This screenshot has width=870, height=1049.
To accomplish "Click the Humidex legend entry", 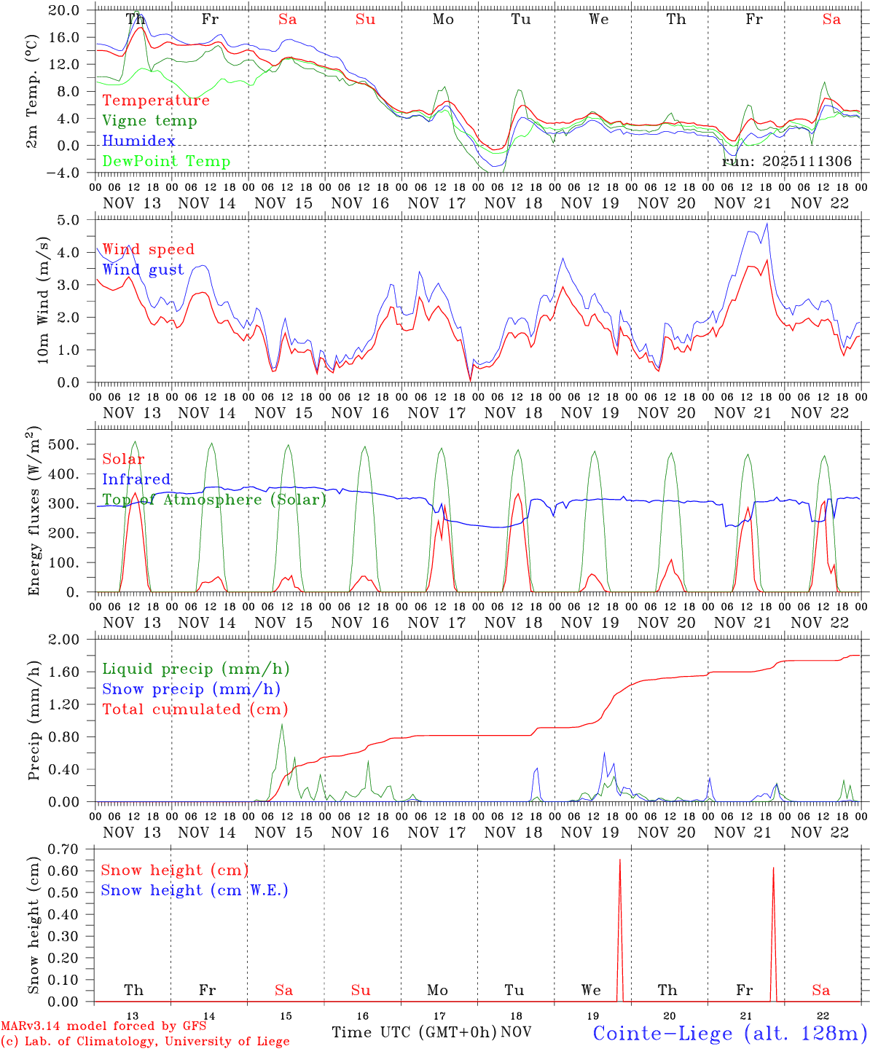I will click(138, 141).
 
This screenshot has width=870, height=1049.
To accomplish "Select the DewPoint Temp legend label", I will click(166, 162).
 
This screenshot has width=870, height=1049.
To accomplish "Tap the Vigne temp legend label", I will click(149, 121).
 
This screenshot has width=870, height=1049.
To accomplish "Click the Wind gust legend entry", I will click(143, 270).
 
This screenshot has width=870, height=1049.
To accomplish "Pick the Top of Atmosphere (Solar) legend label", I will click(213, 500).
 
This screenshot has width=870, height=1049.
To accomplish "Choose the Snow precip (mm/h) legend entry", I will click(191, 689).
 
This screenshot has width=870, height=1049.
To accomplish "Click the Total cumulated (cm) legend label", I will click(195, 710).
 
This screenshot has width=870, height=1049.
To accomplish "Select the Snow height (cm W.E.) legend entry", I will click(194, 890).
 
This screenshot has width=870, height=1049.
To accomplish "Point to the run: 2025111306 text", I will click(786, 162).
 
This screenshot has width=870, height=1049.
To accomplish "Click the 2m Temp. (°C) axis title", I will click(32, 90).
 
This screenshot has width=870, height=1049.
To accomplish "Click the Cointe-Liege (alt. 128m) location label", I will click(729, 1033).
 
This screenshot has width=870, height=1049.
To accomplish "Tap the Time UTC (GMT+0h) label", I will click(414, 1032).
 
